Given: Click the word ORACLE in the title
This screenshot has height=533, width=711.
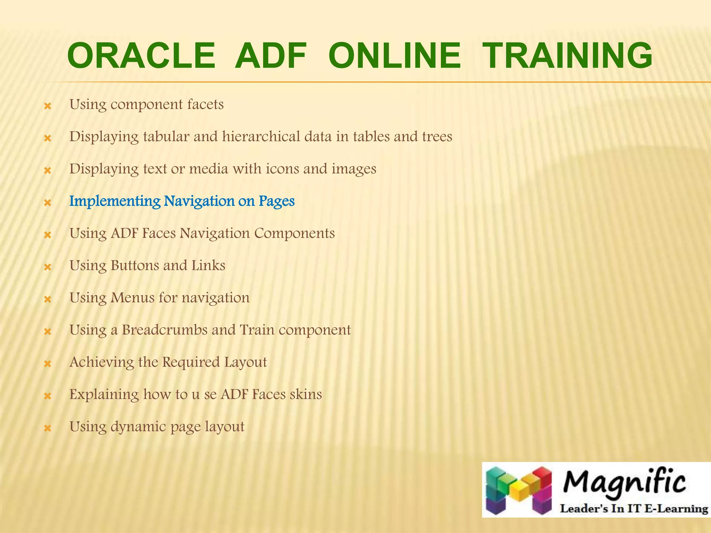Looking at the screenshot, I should coord(141,56).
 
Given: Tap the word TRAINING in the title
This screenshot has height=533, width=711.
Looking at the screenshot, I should coord(568,56).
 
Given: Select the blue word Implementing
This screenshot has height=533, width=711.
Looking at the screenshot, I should coord(115,201).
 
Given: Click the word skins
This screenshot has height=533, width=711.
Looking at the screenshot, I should coord(306,395).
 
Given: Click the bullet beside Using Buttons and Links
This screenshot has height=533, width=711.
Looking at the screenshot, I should coord(48,267).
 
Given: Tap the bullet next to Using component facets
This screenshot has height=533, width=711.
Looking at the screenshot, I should coord(48,106).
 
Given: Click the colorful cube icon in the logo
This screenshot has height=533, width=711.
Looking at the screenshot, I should coord(519,490).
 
